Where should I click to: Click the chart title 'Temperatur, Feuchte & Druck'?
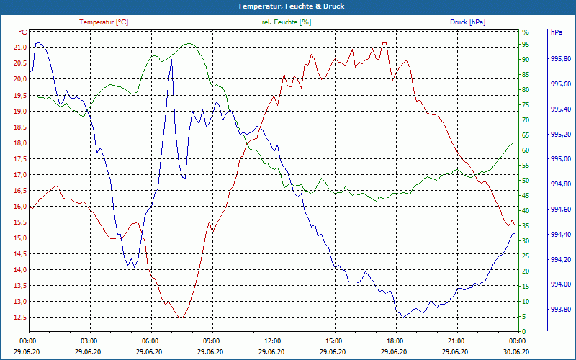click(288, 6)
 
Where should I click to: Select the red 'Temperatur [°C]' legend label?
click(104, 22)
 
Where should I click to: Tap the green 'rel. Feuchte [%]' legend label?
click(287, 22)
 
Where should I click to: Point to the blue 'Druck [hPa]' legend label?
click(467, 22)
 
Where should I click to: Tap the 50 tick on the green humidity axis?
click(526, 181)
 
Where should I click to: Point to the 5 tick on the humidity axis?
click(524, 317)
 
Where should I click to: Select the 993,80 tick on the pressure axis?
click(560, 310)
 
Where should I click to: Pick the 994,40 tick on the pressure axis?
click(560, 235)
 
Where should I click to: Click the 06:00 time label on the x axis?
click(150, 341)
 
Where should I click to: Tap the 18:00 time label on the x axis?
click(395, 341)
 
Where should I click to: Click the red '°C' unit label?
click(23, 32)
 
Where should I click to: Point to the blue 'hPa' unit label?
click(557, 32)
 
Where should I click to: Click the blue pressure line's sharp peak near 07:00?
click(171, 60)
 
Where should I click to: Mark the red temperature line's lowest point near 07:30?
click(181, 318)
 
